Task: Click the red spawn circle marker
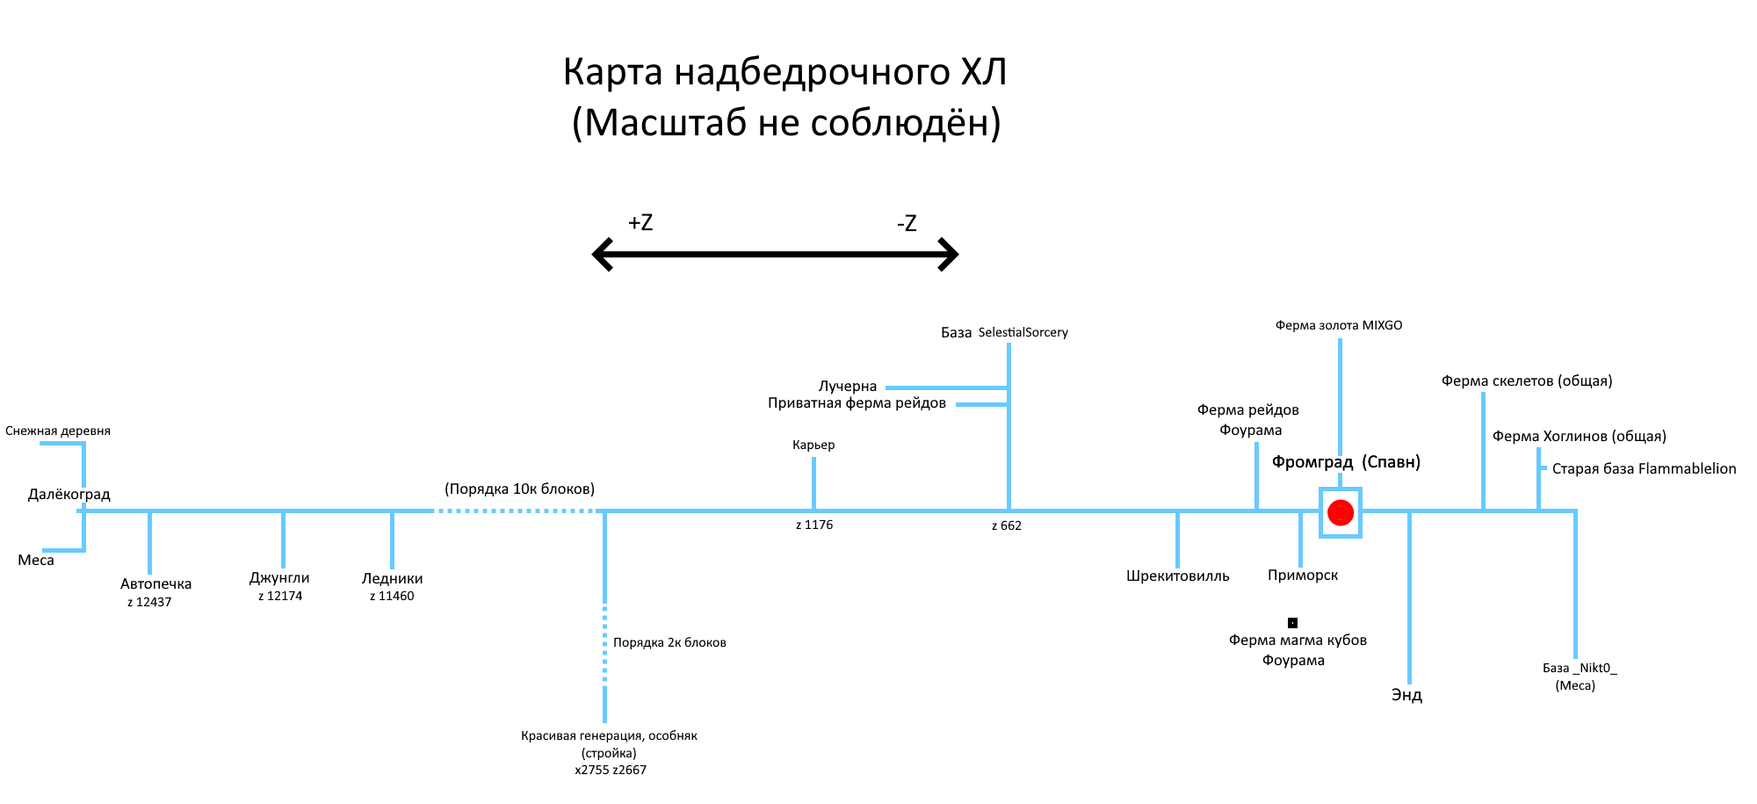(1340, 512)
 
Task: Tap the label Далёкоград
(69, 494)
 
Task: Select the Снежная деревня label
(58, 431)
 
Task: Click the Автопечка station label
(155, 583)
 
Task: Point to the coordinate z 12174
(280, 596)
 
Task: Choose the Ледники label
(392, 578)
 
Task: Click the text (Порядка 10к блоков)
(519, 489)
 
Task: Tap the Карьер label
(813, 445)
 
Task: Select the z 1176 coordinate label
(814, 525)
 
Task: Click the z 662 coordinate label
(1007, 525)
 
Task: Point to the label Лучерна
(848, 386)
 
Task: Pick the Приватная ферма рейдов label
(857, 403)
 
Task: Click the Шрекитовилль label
(1177, 576)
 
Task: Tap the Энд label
(1406, 695)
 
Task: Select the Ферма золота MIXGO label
(1339, 325)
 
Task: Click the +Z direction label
(640, 222)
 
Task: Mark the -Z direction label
(907, 223)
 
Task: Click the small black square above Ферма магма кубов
(1292, 623)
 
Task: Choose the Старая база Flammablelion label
(1644, 468)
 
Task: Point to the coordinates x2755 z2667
(611, 770)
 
